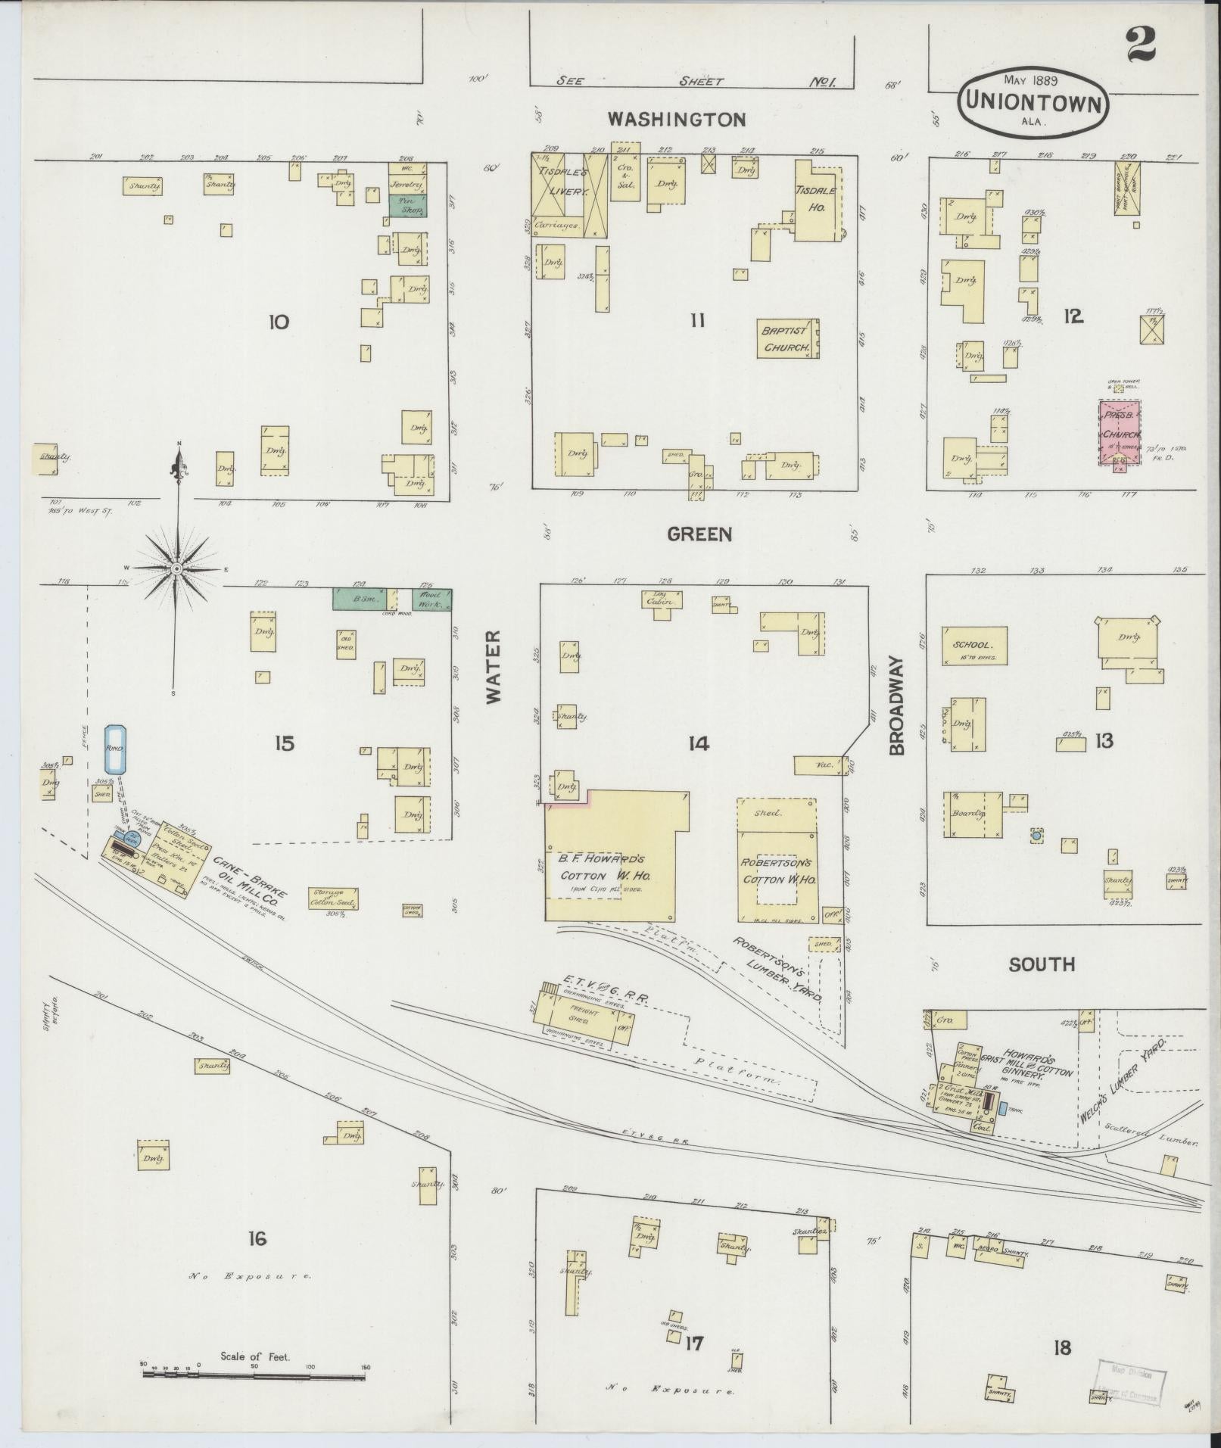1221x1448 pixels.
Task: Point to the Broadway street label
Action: (897, 705)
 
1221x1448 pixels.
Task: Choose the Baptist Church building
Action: (789, 338)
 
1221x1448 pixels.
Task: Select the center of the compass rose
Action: (176, 568)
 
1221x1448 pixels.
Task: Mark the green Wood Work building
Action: (431, 599)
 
